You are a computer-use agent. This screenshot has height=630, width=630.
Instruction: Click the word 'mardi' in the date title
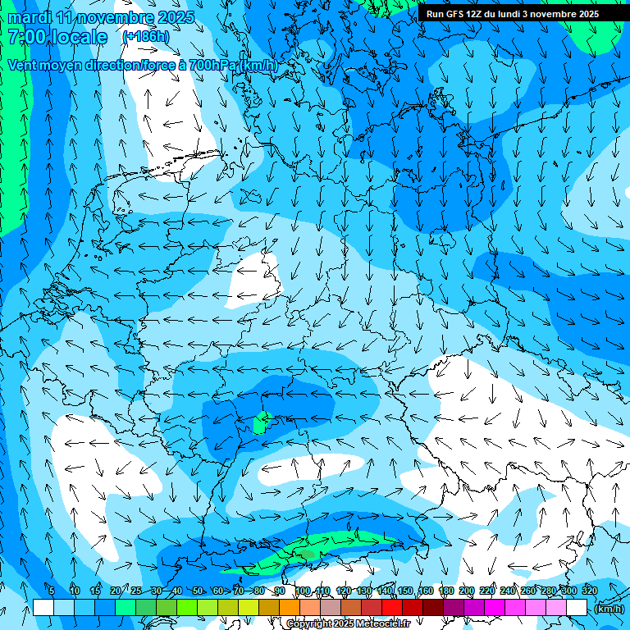coord(27,17)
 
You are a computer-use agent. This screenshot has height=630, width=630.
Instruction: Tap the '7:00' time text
coord(25,38)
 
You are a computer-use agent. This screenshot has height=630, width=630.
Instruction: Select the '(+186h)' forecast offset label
coord(145,37)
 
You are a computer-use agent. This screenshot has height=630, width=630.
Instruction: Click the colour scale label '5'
coord(52,591)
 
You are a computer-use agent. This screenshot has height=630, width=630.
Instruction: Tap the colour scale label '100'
coord(303,591)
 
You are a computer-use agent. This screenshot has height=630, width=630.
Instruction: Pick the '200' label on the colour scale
coord(466,591)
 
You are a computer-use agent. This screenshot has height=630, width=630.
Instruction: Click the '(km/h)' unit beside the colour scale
coord(609,609)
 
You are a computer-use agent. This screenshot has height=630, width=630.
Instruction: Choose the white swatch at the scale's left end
coord(43,608)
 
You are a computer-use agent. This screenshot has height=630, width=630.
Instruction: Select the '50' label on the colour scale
coord(198,591)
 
